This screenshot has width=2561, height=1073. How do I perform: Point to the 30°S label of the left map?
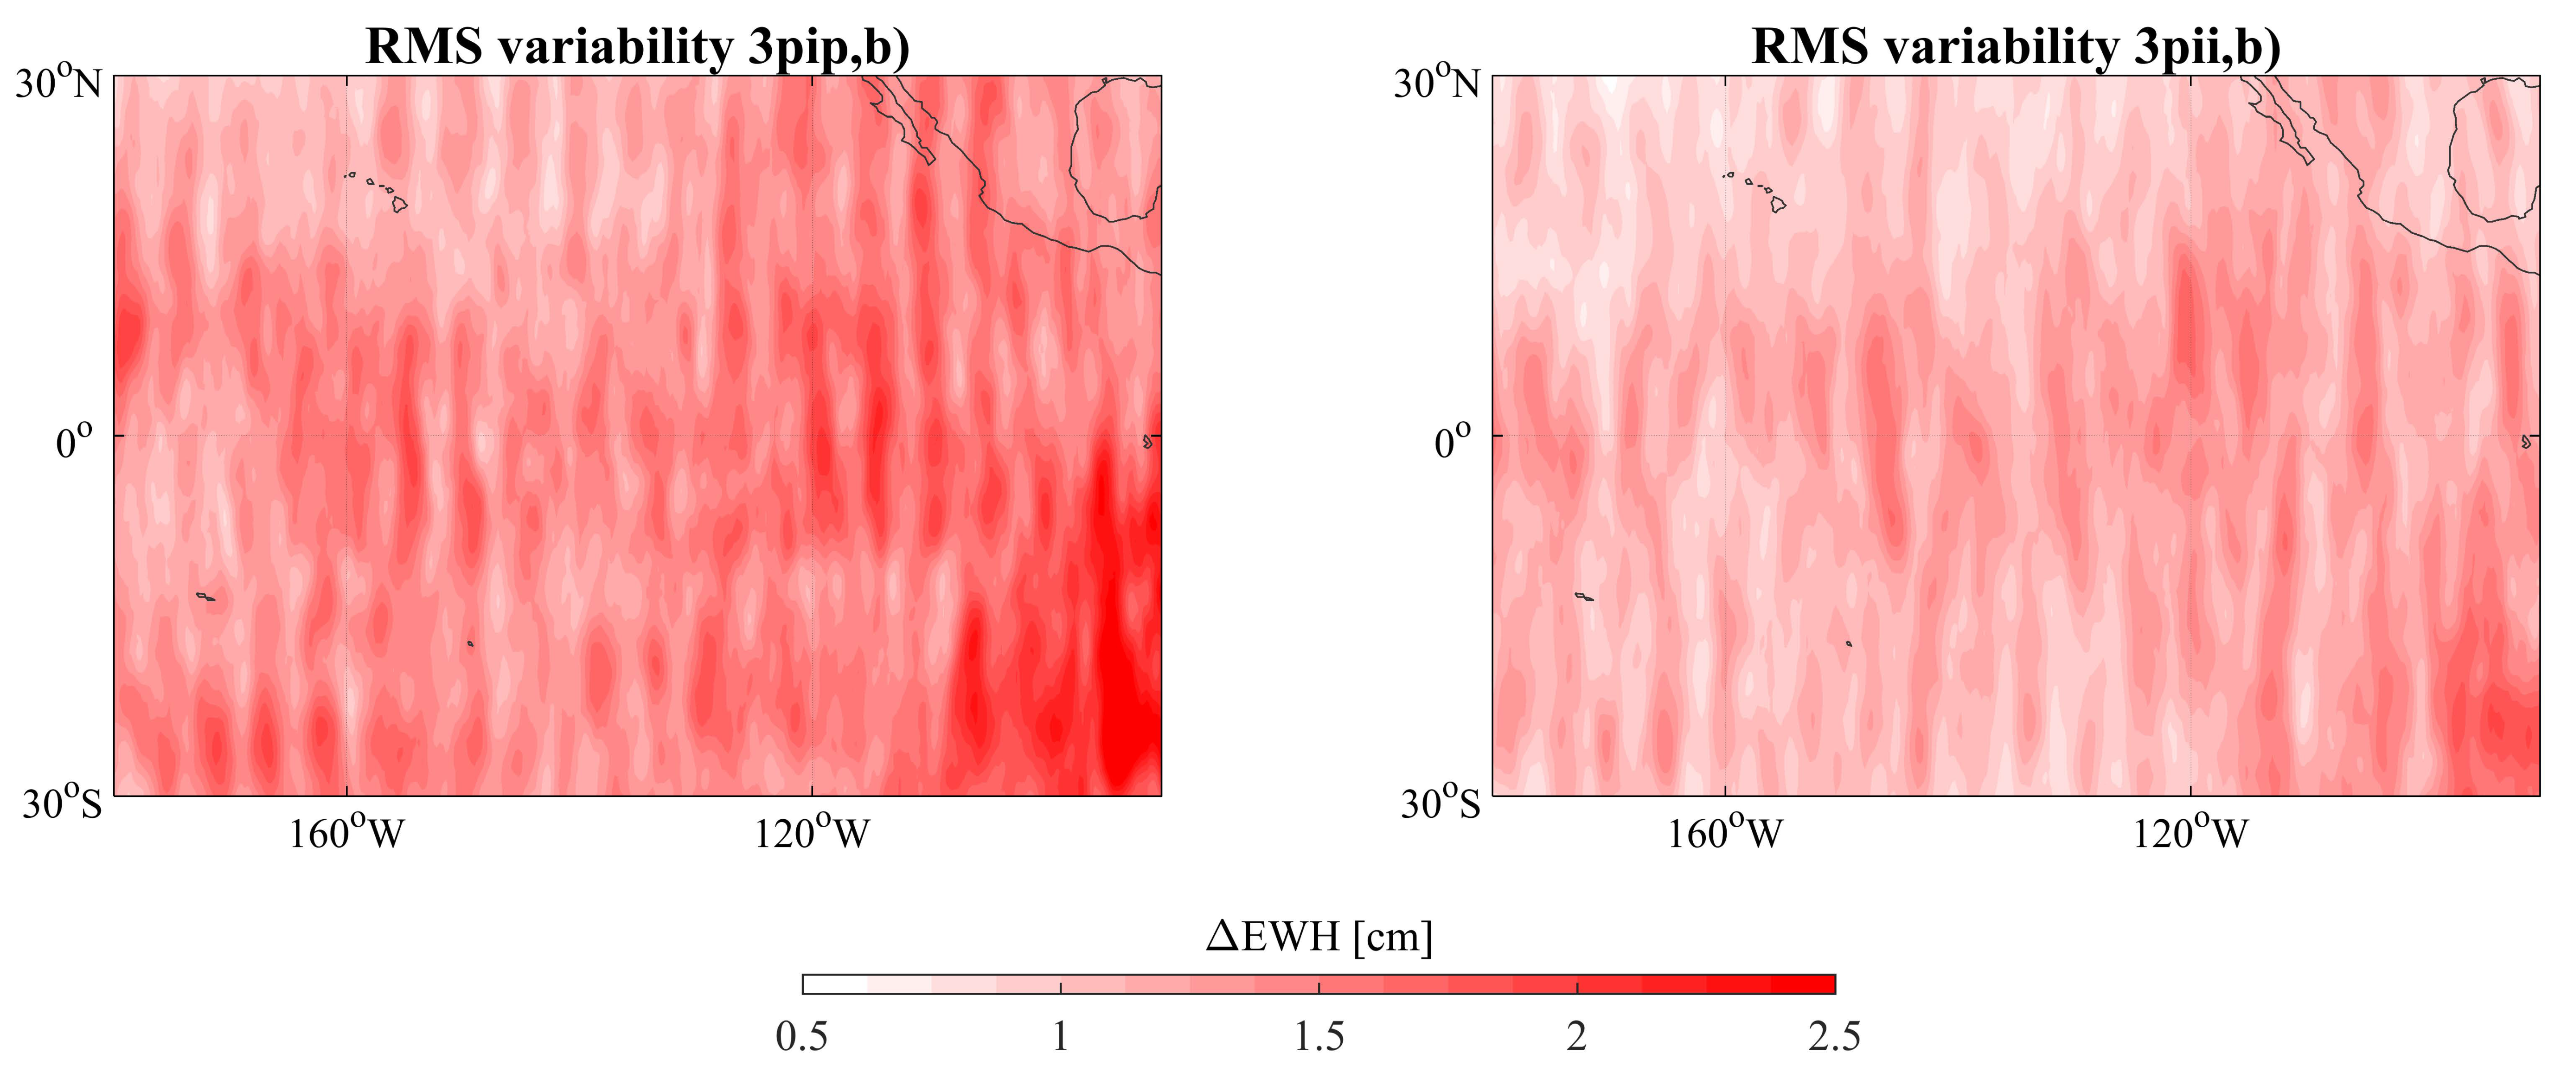point(62,802)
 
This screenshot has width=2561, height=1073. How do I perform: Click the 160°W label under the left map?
point(346,833)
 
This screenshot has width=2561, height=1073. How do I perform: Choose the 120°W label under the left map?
point(811,833)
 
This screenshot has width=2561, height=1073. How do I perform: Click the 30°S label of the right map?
point(1441,802)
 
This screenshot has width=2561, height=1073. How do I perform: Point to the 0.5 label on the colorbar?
point(801,1037)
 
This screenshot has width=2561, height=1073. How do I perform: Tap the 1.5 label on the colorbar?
point(1318,1037)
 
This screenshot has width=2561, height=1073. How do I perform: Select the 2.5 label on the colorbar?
point(1834,1037)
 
